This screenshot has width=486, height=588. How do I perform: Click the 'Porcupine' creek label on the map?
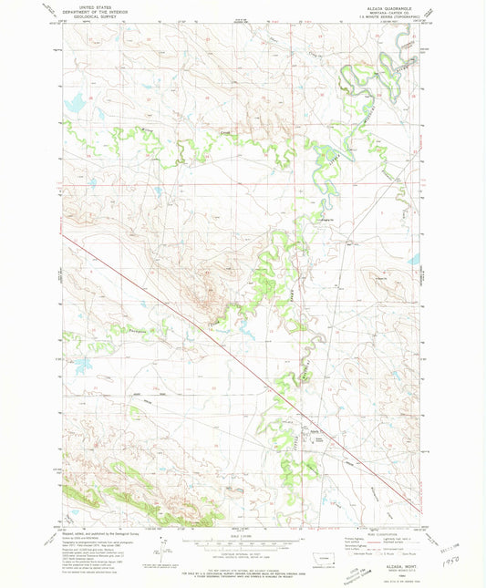[139, 331]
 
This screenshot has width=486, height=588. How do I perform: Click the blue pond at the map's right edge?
[415, 260]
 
